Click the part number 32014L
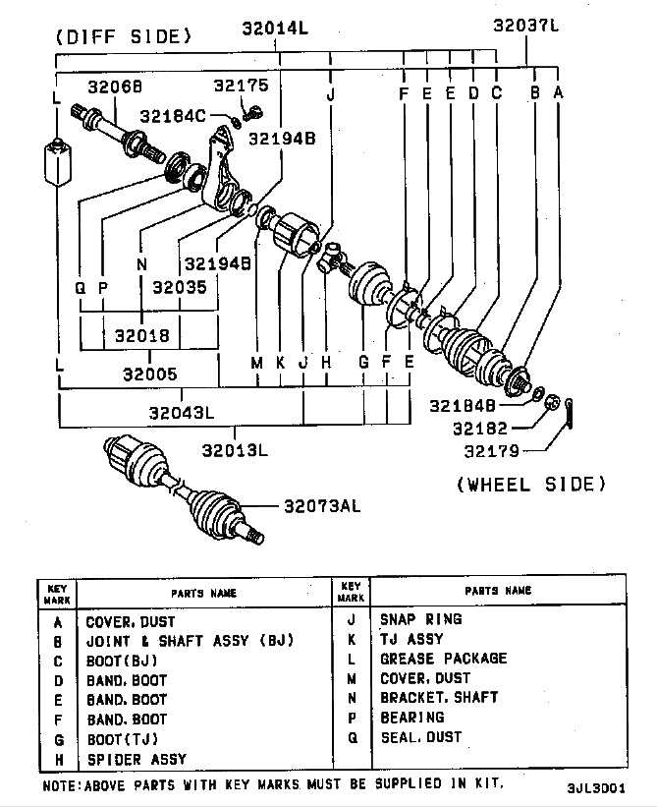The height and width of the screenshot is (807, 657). (275, 29)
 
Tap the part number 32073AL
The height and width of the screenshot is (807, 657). (322, 507)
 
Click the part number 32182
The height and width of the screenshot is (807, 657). (478, 428)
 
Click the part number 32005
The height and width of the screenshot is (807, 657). (150, 375)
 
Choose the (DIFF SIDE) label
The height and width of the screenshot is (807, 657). (123, 37)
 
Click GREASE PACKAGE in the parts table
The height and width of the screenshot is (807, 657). (443, 659)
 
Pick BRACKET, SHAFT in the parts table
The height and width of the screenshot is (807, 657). (439, 698)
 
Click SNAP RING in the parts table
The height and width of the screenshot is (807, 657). (420, 619)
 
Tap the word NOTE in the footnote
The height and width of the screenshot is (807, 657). (62, 784)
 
